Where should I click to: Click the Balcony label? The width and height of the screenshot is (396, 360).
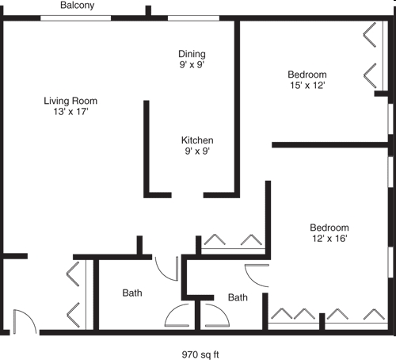pyautogui.click(x=78, y=6)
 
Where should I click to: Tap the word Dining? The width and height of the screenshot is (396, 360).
pyautogui.click(x=192, y=54)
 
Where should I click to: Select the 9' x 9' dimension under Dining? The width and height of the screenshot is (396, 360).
pyautogui.click(x=192, y=66)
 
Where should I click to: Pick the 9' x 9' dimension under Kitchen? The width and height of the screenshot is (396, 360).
pyautogui.click(x=197, y=151)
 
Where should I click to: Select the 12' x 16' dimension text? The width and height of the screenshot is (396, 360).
pyautogui.click(x=329, y=239)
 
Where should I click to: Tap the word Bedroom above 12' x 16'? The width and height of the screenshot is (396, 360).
pyautogui.click(x=329, y=227)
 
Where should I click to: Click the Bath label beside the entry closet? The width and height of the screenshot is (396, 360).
pyautogui.click(x=132, y=293)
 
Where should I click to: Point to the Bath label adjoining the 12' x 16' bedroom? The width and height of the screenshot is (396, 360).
pyautogui.click(x=238, y=298)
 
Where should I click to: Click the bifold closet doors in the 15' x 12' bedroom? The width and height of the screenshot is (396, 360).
pyautogui.click(x=370, y=56)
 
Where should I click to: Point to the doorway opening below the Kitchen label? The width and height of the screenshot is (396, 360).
pyautogui.click(x=187, y=194)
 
